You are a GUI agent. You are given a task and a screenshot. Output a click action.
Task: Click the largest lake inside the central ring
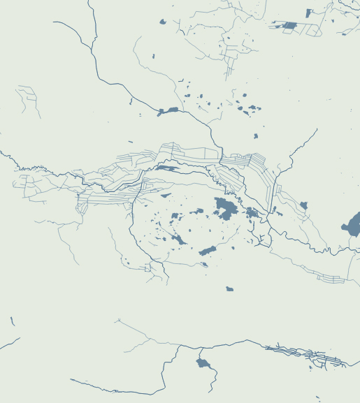click(x=225, y=207)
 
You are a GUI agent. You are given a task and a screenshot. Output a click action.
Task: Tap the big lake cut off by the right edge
click(x=352, y=225)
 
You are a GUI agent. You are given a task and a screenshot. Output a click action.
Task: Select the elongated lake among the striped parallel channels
click(x=166, y=168)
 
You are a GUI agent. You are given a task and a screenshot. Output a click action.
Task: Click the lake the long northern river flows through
click(x=168, y=110)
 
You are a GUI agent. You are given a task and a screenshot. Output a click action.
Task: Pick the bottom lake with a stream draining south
click(x=203, y=362)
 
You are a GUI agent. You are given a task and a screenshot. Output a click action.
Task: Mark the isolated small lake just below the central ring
click(x=229, y=288)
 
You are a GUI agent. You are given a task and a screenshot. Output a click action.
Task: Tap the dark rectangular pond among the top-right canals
click(x=289, y=26)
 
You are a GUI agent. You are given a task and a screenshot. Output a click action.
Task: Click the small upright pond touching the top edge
click(x=308, y=13)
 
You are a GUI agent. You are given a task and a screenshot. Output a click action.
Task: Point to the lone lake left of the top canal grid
click(x=163, y=22)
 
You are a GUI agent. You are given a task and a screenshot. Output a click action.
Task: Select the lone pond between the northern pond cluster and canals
click(x=255, y=135)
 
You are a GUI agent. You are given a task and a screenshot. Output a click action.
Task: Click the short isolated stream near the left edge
click(x=13, y=321)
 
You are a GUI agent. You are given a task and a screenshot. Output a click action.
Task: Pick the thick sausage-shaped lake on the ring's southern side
click(x=207, y=250)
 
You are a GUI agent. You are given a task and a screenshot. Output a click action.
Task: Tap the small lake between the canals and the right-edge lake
click(x=303, y=205)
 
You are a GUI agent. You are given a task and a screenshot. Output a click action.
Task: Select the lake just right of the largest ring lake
click(x=251, y=212)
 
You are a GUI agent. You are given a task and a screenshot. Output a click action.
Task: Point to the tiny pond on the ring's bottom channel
click(x=203, y=264)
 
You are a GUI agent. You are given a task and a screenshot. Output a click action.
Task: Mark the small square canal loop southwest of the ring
click(x=147, y=267)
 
